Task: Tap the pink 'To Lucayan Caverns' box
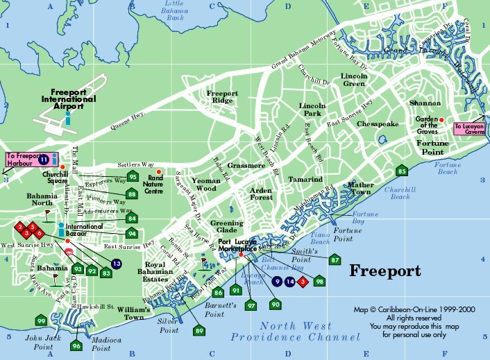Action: coord(469,128)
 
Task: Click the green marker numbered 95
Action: coord(133,177)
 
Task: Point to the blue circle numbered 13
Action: coord(116,264)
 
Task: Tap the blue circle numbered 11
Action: coord(43,160)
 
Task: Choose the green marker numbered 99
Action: coord(42,321)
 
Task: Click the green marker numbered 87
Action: coord(335,260)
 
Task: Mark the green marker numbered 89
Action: coord(200,331)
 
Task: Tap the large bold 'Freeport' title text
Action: coord(385,271)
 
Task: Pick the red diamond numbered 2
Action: coord(21,226)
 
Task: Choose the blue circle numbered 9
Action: coord(278,282)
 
